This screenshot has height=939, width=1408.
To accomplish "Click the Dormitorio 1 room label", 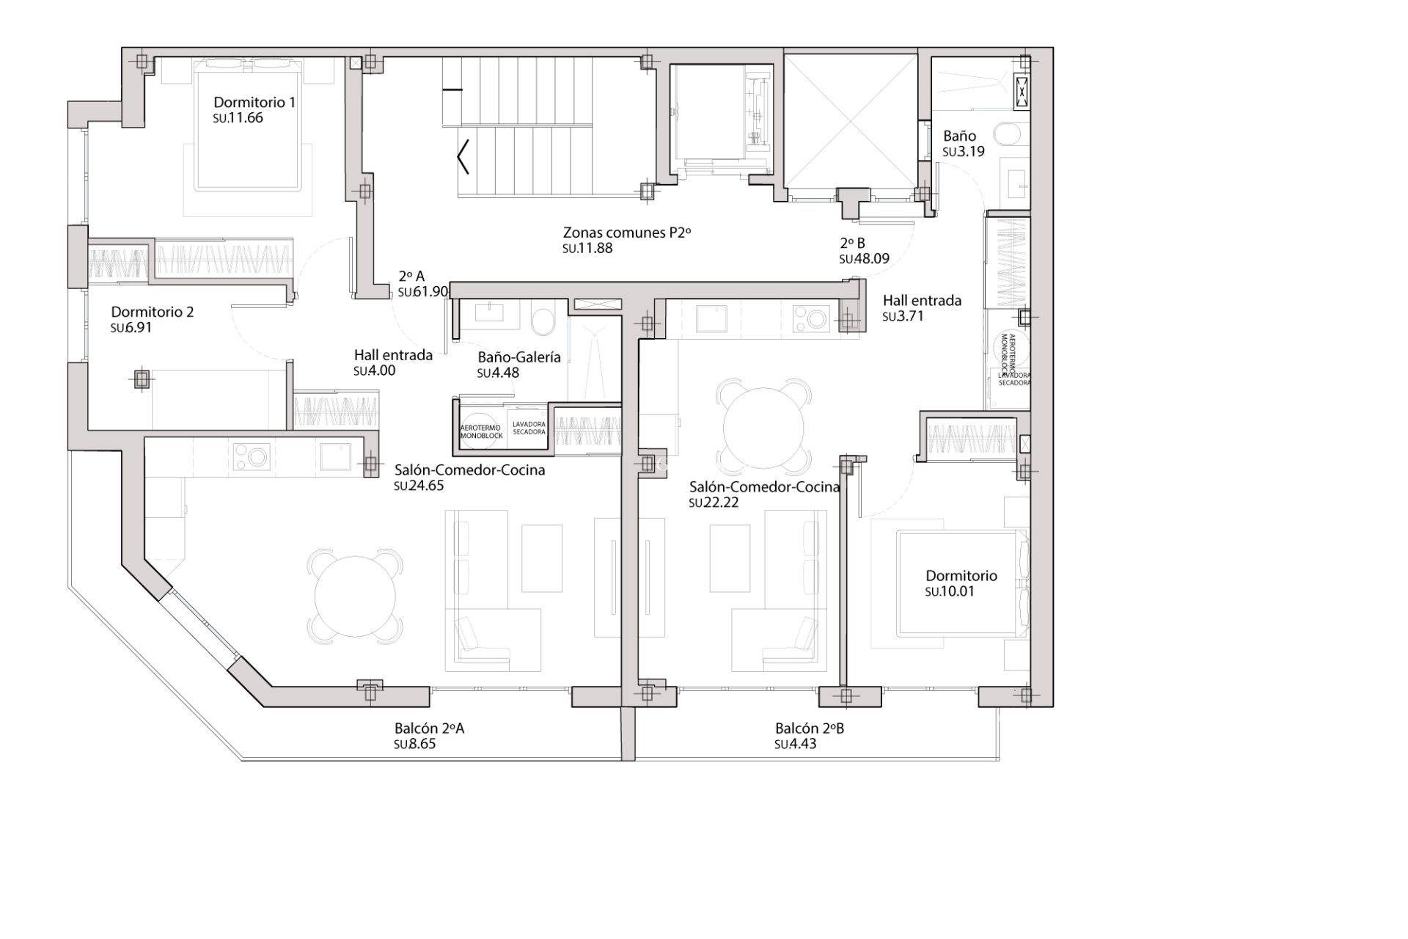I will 254,102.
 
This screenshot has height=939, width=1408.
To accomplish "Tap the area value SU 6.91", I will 131,328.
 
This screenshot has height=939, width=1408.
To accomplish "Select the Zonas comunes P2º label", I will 627,233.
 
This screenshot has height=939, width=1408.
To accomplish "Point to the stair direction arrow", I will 462,156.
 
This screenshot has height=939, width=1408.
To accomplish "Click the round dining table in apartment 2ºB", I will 763,427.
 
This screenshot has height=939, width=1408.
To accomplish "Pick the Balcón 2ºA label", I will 429,728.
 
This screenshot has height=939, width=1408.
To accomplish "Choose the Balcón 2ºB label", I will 810,728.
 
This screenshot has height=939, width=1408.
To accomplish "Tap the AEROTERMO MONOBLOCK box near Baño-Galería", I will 480,431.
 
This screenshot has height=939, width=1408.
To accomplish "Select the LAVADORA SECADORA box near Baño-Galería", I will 529,428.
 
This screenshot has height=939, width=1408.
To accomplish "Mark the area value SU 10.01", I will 950,591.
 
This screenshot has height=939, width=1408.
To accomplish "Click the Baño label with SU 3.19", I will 959,136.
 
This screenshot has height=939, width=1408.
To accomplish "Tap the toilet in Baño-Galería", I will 543,321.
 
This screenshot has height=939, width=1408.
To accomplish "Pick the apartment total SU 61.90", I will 422,292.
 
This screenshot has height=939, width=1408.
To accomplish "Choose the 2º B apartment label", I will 852,243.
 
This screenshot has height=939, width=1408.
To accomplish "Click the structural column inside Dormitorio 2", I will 142,380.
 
